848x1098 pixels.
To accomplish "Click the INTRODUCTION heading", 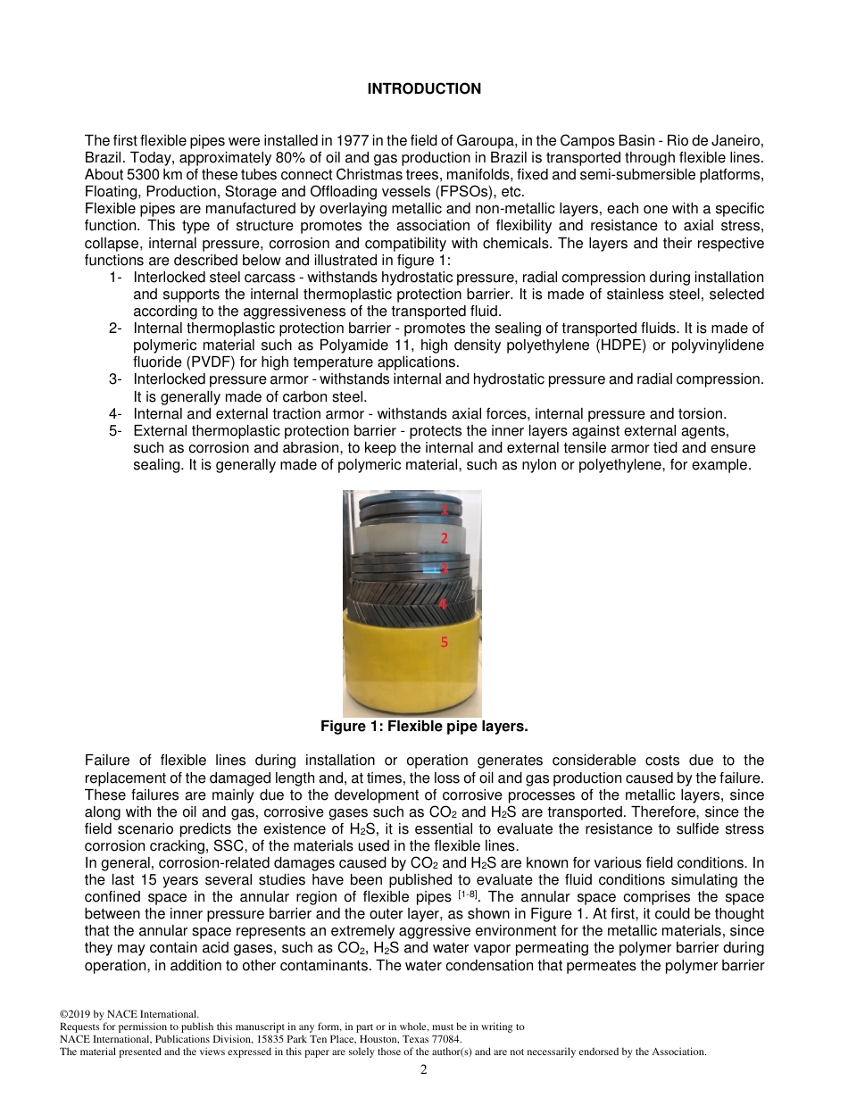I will click(x=424, y=88).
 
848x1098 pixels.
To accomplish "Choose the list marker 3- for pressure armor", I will click(x=115, y=378).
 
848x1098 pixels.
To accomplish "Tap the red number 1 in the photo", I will click(x=444, y=509).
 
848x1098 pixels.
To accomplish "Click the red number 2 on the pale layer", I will click(x=444, y=537).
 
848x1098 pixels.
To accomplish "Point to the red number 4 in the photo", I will click(x=443, y=603).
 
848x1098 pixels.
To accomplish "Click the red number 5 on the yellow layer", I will click(x=444, y=642).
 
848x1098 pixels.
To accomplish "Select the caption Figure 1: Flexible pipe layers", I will click(x=424, y=727).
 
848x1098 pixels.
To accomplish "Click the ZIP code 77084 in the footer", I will click(x=445, y=1039).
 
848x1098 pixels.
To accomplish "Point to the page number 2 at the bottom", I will click(x=424, y=1069).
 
